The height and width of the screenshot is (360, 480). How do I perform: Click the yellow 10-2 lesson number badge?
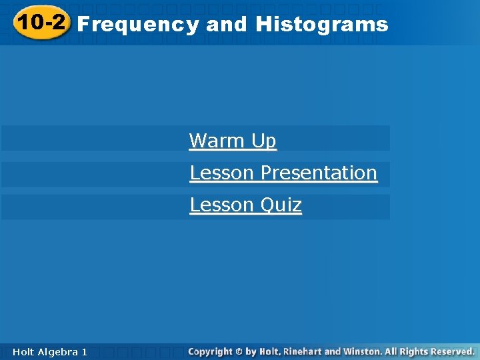(41, 24)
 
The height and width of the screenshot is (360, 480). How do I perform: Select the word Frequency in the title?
(138, 25)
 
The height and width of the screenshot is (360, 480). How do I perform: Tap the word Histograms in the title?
(321, 25)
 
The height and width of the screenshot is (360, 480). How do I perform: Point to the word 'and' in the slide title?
(227, 25)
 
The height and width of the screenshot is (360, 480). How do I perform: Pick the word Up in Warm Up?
(263, 141)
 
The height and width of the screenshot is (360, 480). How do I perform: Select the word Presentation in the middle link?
(319, 173)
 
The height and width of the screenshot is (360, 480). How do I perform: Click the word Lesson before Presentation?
(222, 173)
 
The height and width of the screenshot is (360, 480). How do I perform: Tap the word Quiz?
(281, 205)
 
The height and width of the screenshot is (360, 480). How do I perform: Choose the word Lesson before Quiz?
(222, 205)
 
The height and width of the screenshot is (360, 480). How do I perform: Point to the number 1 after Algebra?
(84, 351)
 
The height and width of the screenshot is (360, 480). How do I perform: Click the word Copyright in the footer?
(210, 351)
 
